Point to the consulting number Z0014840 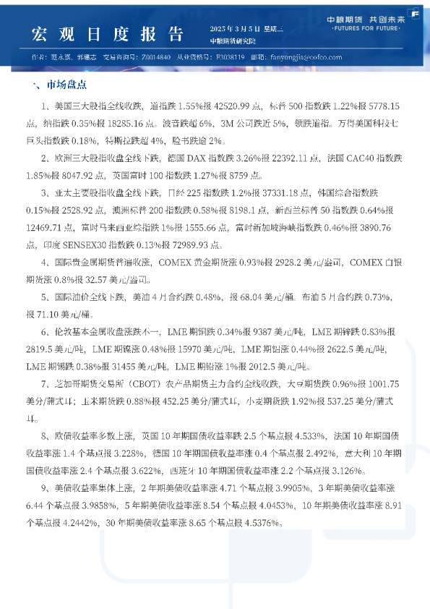(158, 56)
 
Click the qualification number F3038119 (228, 56)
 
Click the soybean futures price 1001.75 (380, 383)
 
